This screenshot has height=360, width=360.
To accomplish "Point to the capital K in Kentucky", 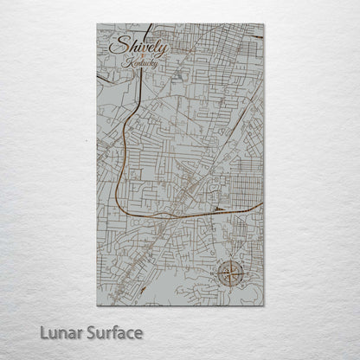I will pos(127,62).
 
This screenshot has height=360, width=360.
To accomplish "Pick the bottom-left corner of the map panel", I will pos(97,305).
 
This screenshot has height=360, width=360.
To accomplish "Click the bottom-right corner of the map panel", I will pos(263,305).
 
